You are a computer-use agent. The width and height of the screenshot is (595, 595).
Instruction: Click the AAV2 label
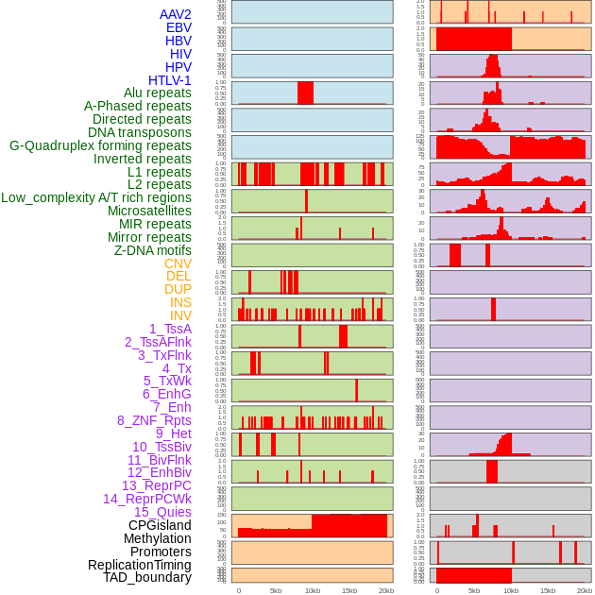(x=175, y=14)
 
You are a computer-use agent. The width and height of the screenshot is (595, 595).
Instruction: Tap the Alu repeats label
(x=158, y=93)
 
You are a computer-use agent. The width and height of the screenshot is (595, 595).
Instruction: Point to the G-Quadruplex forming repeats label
(x=100, y=145)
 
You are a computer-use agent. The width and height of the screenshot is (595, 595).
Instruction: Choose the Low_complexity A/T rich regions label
(x=96, y=197)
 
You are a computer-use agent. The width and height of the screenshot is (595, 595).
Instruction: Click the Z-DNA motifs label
(x=153, y=250)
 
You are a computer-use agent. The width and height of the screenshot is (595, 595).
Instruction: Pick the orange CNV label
(x=178, y=263)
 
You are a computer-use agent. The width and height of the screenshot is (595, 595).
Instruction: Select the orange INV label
(x=180, y=315)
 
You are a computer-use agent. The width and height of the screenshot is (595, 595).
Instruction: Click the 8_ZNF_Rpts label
(x=154, y=420)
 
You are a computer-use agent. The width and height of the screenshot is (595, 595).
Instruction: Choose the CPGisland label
(x=160, y=525)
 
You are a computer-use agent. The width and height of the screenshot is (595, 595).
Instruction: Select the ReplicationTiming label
(x=139, y=565)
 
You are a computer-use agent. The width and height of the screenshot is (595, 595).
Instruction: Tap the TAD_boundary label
(x=146, y=577)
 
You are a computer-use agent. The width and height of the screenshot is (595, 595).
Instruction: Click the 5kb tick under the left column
(x=276, y=590)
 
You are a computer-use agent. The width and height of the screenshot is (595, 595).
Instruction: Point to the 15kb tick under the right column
(x=548, y=590)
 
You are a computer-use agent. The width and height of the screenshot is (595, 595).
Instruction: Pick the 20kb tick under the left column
(x=386, y=590)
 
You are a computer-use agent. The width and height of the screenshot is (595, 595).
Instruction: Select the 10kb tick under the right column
(x=511, y=590)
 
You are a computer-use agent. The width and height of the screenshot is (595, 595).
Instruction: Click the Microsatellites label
(x=149, y=211)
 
